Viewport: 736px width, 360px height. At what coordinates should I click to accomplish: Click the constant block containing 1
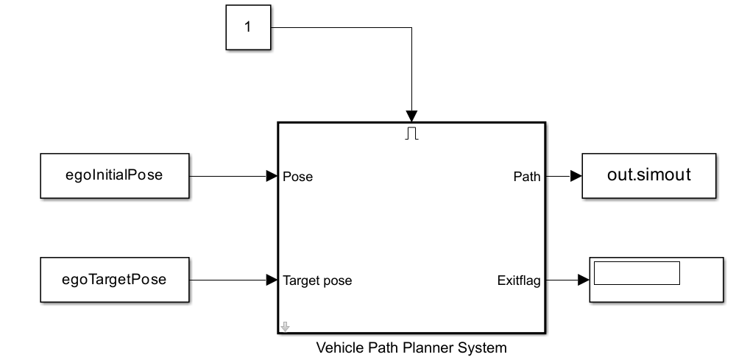pos(247,28)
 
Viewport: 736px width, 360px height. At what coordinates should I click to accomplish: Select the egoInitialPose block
pos(114,176)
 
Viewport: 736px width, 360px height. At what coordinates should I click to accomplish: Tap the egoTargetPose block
pos(114,280)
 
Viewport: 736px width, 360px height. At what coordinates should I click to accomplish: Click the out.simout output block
pos(649,176)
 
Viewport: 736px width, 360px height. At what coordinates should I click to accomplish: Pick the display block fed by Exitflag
pos(656,280)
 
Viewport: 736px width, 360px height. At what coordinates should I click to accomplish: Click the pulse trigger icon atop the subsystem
pos(411,133)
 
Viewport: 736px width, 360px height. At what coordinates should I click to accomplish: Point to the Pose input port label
pos(298,177)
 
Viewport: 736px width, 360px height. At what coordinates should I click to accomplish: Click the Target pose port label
pos(317,280)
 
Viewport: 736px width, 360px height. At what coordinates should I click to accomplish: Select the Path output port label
pos(526,177)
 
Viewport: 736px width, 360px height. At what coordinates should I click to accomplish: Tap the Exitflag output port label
pos(520,280)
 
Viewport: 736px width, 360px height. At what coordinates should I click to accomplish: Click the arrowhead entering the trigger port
pos(411,116)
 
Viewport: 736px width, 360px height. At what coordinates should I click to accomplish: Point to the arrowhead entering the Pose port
pos(272,177)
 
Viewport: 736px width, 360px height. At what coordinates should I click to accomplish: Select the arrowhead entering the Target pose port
pos(272,280)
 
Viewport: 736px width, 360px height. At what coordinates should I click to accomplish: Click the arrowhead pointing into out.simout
pos(576,177)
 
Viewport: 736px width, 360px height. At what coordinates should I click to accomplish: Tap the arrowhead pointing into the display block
pos(582,280)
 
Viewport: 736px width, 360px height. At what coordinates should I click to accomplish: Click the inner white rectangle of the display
pos(637,272)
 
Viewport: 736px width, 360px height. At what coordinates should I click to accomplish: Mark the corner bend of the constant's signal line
pos(411,28)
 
